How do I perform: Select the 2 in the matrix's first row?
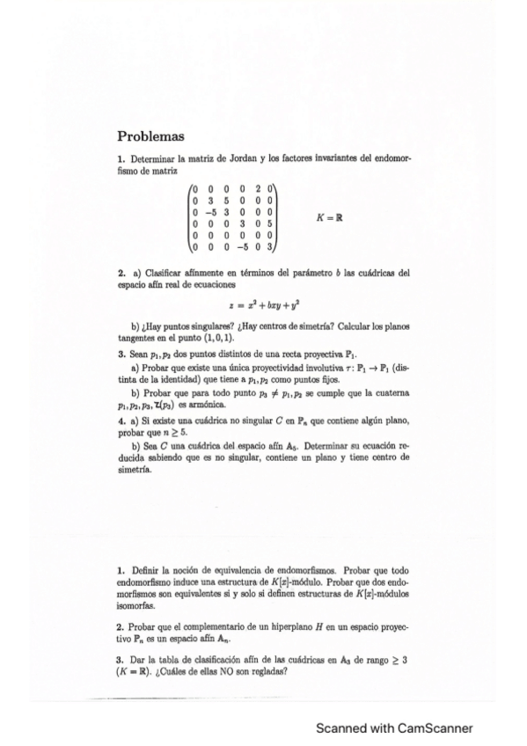[258, 187]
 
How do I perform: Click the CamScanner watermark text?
[394, 728]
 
